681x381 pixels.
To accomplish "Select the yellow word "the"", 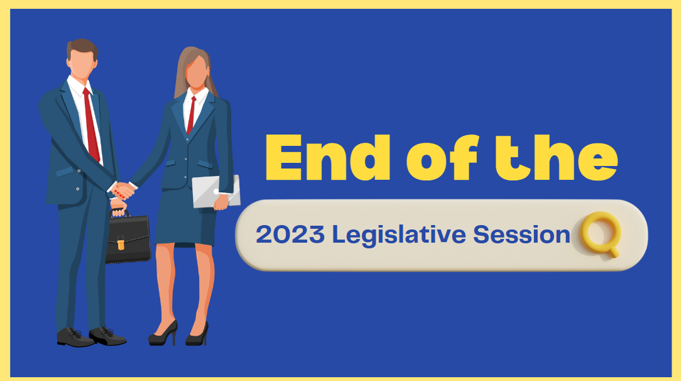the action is coord(557,158).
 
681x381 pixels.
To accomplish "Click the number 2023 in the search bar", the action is coord(290,235).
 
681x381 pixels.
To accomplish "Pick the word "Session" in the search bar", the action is coord(521,235).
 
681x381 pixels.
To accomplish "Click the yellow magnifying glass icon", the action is coord(601,235).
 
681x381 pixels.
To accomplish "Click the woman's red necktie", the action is coord(190,115).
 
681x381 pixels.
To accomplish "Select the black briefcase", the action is coord(128,238).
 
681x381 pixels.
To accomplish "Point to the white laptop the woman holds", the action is coord(216,191).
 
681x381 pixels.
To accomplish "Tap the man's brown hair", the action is coord(82,48).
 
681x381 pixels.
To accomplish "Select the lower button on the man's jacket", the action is coord(78,189).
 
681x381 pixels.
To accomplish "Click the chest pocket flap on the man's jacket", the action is coord(65,172).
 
